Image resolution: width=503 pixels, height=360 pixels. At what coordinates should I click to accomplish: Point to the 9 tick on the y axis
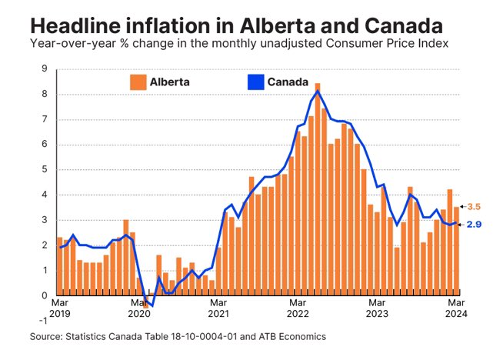coord(45,69)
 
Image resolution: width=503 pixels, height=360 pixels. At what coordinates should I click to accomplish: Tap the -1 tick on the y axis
coord(43,321)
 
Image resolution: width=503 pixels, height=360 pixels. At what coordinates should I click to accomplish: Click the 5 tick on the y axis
coord(45,170)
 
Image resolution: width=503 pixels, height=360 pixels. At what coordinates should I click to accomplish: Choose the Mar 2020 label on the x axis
coord(138,307)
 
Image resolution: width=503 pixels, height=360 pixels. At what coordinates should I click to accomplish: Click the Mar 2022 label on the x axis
coord(298,307)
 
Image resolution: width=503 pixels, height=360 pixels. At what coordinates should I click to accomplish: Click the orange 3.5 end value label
coord(475,207)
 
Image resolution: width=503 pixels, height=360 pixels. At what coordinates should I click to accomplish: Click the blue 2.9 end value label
coord(475,224)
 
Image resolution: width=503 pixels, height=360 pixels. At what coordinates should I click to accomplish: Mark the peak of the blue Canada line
coord(318,92)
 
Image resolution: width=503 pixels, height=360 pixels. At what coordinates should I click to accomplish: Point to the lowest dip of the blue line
coord(152,305)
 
